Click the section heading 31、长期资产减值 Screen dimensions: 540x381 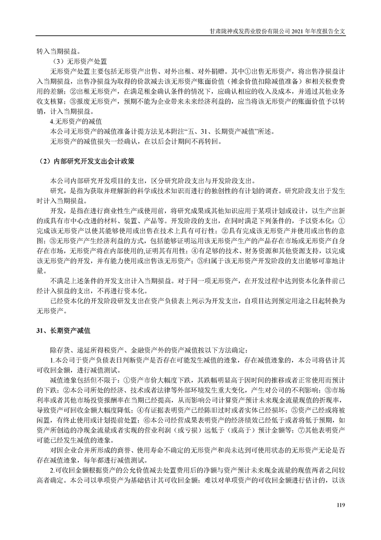(63, 331)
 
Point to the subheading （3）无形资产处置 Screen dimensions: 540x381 (79, 62)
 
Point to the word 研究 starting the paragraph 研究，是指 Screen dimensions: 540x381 (56, 191)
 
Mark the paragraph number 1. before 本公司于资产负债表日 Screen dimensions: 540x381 (52, 360)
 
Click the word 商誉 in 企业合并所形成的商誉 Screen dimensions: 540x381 (114, 450)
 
